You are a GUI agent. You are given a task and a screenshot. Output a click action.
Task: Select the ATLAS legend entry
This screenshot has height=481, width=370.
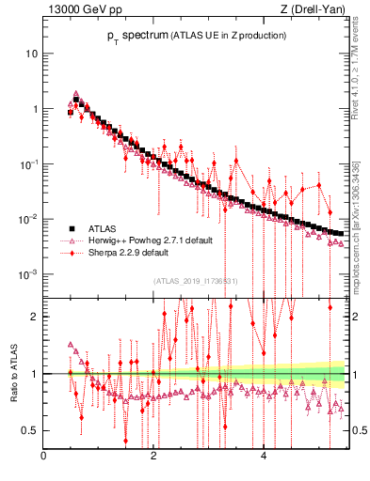pyautogui.click(x=105, y=228)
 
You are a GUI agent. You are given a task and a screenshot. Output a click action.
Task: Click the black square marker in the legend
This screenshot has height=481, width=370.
pyautogui.click(x=70, y=228)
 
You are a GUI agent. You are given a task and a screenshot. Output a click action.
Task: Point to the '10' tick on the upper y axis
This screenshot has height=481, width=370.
pyautogui.click(x=31, y=53)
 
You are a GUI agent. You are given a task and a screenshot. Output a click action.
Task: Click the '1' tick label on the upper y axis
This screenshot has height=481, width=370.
pyautogui.click(x=34, y=108)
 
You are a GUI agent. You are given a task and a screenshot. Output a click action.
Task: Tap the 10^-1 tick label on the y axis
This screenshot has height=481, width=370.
pyautogui.click(x=29, y=163)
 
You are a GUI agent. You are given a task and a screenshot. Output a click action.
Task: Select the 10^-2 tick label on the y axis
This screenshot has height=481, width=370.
pyautogui.click(x=29, y=219)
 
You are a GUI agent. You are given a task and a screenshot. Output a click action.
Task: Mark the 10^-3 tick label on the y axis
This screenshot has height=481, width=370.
pyautogui.click(x=29, y=274)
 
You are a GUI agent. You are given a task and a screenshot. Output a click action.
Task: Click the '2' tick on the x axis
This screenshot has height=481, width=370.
pyautogui.click(x=153, y=458)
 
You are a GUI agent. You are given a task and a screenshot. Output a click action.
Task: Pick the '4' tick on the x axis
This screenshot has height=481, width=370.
pyautogui.click(x=264, y=458)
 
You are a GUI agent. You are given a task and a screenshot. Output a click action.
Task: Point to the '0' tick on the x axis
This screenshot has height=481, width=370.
pyautogui.click(x=44, y=458)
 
